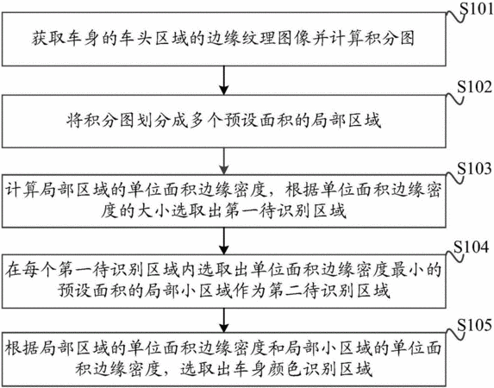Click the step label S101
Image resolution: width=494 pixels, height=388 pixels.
(478, 9)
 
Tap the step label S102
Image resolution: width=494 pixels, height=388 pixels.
(474, 87)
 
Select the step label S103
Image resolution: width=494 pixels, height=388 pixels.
(474, 169)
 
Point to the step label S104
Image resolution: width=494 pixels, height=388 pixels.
(472, 247)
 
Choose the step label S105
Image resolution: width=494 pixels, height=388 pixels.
(474, 325)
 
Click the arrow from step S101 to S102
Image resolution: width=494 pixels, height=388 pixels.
(223, 80)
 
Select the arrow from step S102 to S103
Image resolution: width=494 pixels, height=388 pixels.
(223, 161)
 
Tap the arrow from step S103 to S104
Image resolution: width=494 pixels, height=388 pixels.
(223, 241)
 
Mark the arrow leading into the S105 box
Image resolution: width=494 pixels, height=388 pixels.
(223, 320)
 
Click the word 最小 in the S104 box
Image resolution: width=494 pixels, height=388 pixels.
(408, 270)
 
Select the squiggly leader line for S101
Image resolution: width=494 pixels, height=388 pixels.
(455, 16)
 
